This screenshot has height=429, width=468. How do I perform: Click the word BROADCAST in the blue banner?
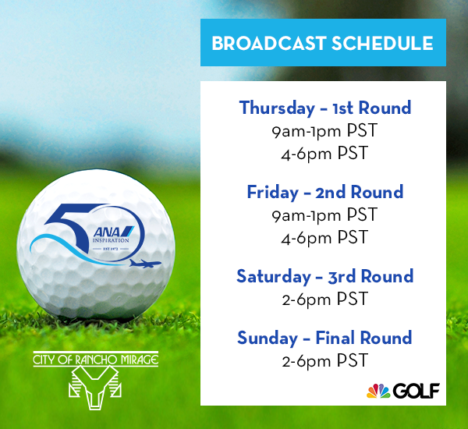tap(268, 43)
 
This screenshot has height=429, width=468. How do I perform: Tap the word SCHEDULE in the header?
tap(382, 43)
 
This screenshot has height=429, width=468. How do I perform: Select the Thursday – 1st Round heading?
tap(325, 108)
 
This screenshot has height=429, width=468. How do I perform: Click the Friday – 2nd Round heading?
tap(325, 192)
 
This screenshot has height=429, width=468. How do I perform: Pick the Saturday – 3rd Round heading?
tap(325, 276)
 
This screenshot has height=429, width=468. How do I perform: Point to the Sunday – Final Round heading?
tap(324, 339)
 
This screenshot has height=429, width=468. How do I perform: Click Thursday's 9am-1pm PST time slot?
tap(324, 131)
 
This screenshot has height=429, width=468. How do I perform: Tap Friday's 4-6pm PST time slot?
tap(324, 237)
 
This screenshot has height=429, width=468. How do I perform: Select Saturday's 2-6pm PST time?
tap(324, 299)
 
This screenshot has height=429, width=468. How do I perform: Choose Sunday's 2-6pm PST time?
tap(324, 360)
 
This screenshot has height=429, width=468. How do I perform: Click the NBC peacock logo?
tap(378, 391)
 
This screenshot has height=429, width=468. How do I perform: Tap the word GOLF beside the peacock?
tap(417, 391)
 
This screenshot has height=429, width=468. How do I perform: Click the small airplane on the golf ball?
tap(145, 264)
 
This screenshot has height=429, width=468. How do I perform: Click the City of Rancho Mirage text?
tap(95, 360)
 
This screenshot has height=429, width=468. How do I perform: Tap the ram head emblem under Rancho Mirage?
tap(95, 388)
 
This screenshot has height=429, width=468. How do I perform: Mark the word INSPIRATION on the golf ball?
tap(111, 240)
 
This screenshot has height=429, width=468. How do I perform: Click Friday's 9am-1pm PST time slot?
tap(324, 215)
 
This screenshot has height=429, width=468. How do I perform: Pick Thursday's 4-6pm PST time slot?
tap(324, 153)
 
